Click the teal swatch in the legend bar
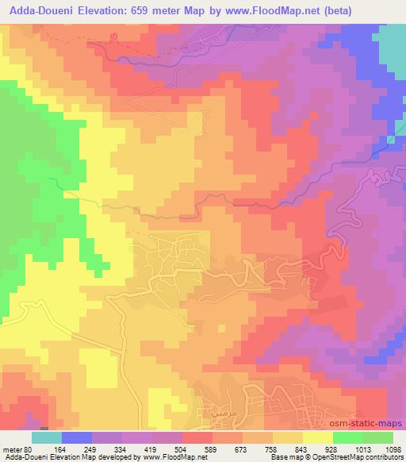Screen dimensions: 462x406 47,437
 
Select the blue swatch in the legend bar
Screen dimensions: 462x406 77,437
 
